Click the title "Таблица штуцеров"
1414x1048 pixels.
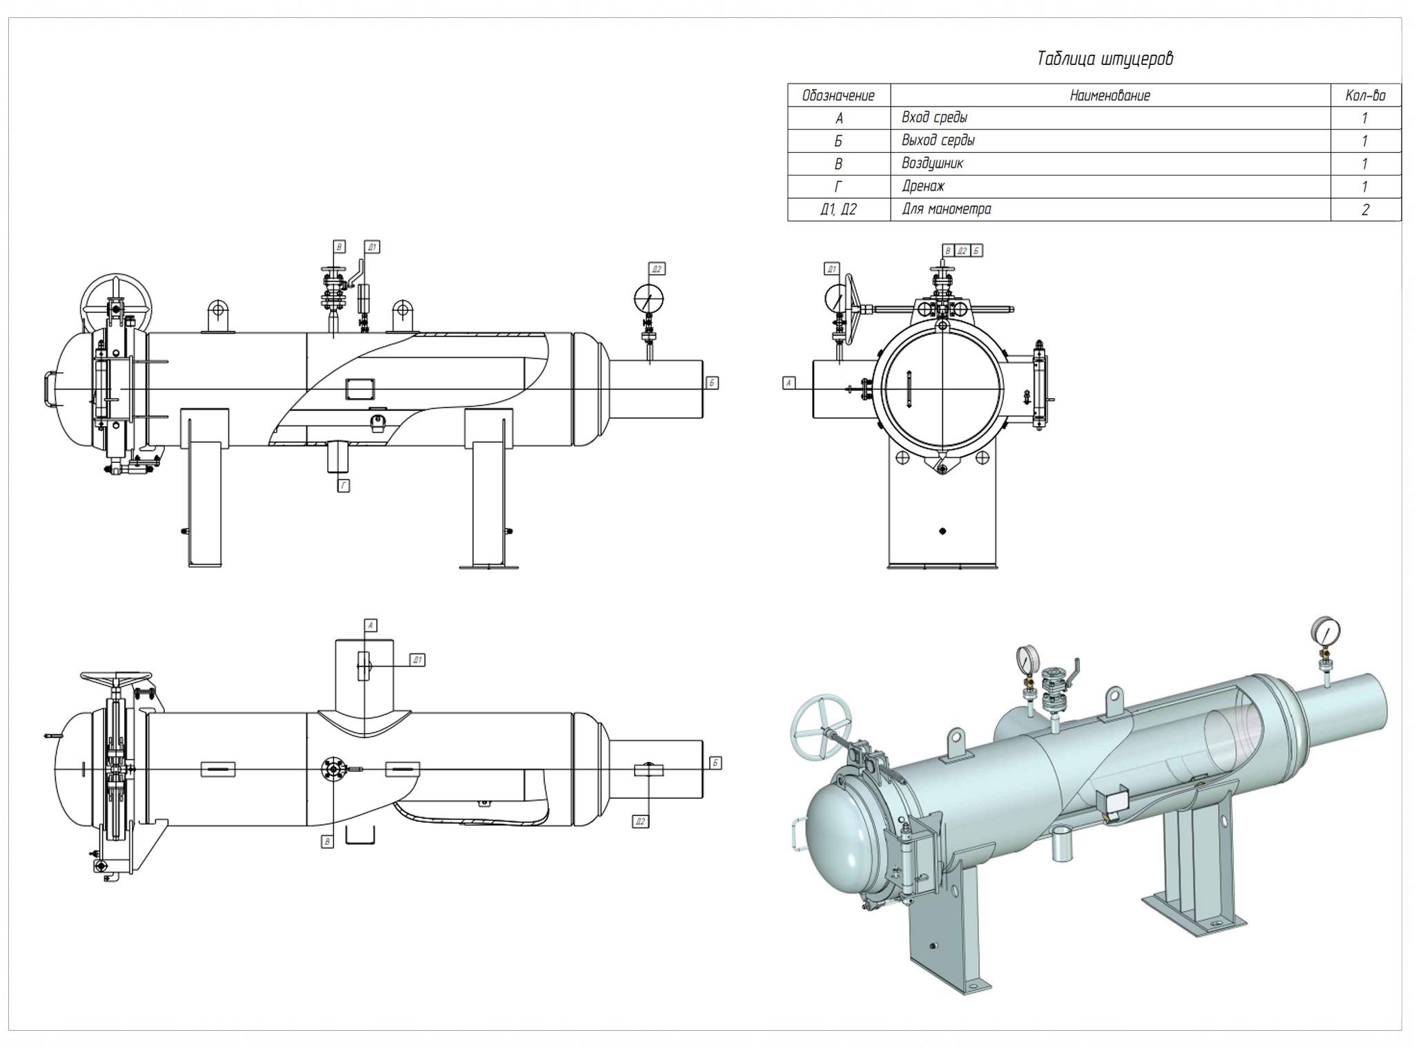coord(1104,59)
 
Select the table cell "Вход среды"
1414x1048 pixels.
coord(934,117)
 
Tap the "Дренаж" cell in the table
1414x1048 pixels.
coord(922,186)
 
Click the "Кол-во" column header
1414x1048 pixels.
coord(1365,95)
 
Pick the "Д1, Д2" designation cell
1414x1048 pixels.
coord(838,209)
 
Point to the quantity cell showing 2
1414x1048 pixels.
coord(1365,209)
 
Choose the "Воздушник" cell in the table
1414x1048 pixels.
coord(932,163)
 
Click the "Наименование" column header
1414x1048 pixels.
coord(1110,95)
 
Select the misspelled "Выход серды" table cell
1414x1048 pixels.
coord(938,140)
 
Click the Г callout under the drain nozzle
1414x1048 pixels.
coord(343,486)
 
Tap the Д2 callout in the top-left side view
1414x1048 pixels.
coord(657,269)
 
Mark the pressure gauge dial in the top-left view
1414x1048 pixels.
coord(648,299)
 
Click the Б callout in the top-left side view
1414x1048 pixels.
coord(712,383)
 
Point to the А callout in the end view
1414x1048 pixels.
coord(789,383)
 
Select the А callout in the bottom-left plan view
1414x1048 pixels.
coord(371,625)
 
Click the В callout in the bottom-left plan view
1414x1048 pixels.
coord(327,841)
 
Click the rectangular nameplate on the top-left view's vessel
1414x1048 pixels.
coord(360,388)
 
